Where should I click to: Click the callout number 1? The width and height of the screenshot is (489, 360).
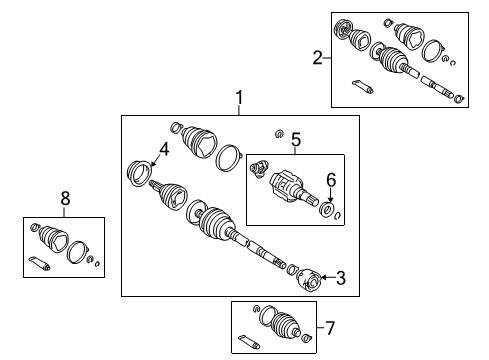tap(240, 98)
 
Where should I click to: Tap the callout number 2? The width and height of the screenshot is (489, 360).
tap(317, 58)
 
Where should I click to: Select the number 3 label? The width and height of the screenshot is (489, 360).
tap(340, 279)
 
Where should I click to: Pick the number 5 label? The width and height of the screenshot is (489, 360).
tap(295, 142)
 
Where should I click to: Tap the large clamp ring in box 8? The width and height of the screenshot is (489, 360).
tap(77, 253)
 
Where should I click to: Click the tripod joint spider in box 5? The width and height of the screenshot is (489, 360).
tap(261, 169)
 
